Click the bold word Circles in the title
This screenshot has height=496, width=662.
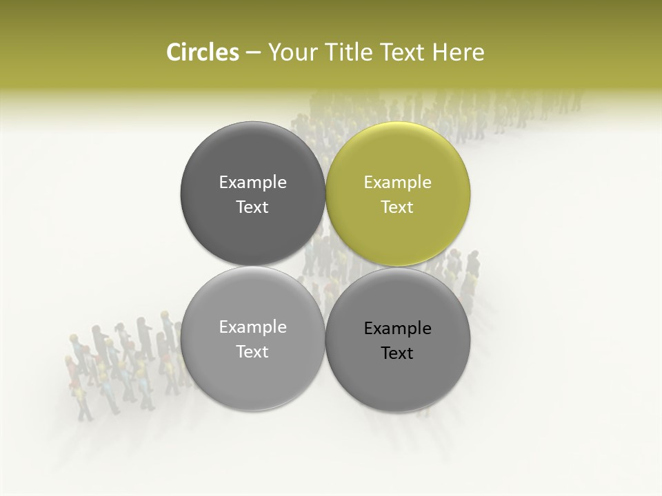pos(203,52)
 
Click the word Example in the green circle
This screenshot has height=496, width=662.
pos(397,182)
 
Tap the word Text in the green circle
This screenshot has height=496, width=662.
pos(397,207)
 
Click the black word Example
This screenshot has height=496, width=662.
pos(397,328)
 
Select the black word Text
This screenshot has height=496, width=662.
pos(397,353)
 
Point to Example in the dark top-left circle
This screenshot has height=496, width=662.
pos(252,182)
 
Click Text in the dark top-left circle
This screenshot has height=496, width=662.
pos(252,207)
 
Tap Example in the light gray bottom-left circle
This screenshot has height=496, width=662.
pos(252,327)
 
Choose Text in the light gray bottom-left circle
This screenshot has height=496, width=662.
pos(252,351)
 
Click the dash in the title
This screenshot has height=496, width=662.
pos(253,53)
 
